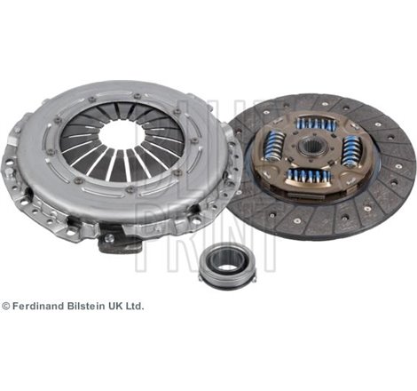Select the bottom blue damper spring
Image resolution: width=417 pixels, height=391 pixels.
308,176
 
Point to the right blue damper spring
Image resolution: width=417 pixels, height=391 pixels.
351,151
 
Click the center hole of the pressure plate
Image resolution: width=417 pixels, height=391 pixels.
123,135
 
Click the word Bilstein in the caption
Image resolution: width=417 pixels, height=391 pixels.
86,307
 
